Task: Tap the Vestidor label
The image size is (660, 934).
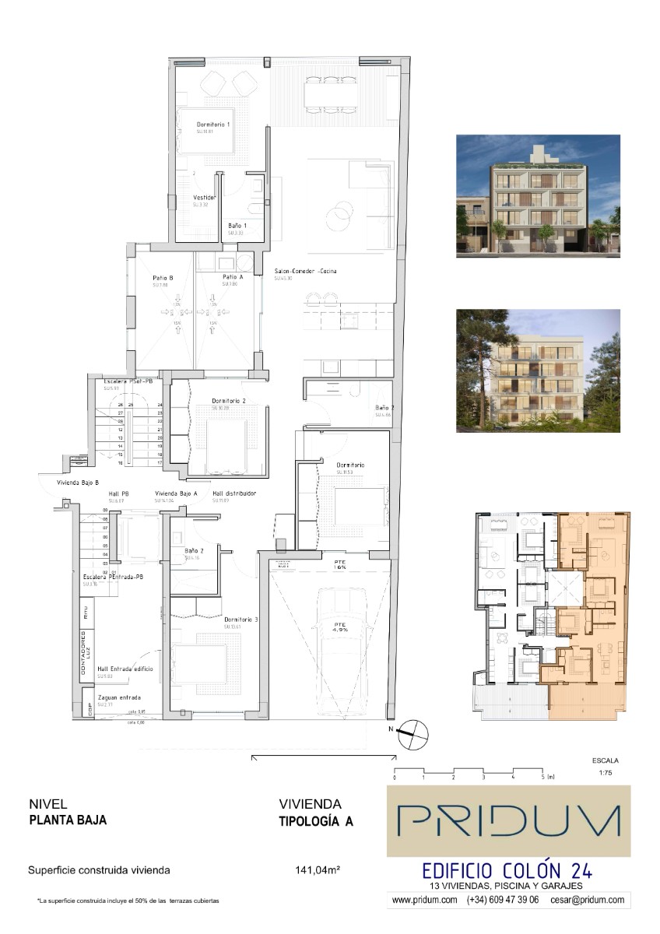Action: (x=204, y=198)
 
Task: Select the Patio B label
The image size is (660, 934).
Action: (x=163, y=277)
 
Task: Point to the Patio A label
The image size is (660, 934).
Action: (x=232, y=277)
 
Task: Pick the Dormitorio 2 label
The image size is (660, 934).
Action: (x=229, y=402)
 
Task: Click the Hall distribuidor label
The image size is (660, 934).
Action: (x=234, y=493)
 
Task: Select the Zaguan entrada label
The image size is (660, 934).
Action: (x=119, y=697)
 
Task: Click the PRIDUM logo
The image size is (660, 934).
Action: (x=509, y=820)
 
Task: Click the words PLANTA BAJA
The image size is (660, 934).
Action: (x=68, y=820)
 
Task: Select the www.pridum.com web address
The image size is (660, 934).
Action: (x=424, y=900)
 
